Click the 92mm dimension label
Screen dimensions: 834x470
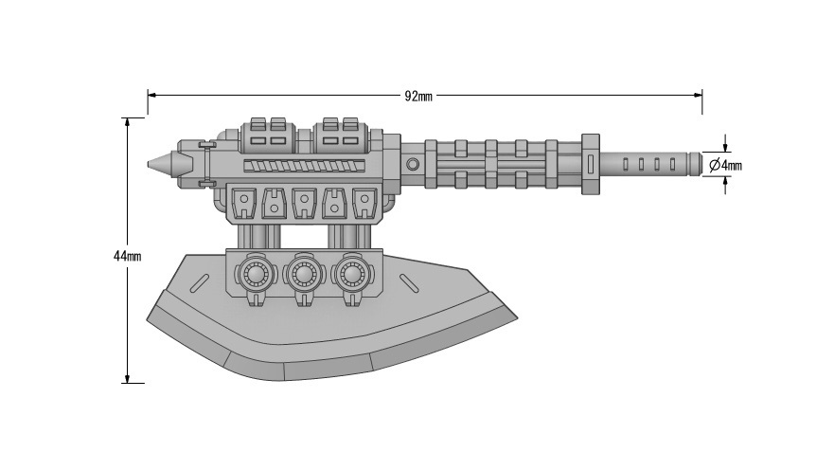[418, 97]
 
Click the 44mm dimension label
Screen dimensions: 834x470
[127, 256]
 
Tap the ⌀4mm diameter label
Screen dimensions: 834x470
[725, 166]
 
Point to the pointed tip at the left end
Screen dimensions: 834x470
[148, 164]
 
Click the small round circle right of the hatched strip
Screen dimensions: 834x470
[413, 164]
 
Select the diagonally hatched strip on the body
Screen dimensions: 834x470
[304, 166]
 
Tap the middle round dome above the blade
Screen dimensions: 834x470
[303, 275]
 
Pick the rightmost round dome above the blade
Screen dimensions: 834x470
[350, 275]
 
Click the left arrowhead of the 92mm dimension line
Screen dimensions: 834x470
[151, 96]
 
